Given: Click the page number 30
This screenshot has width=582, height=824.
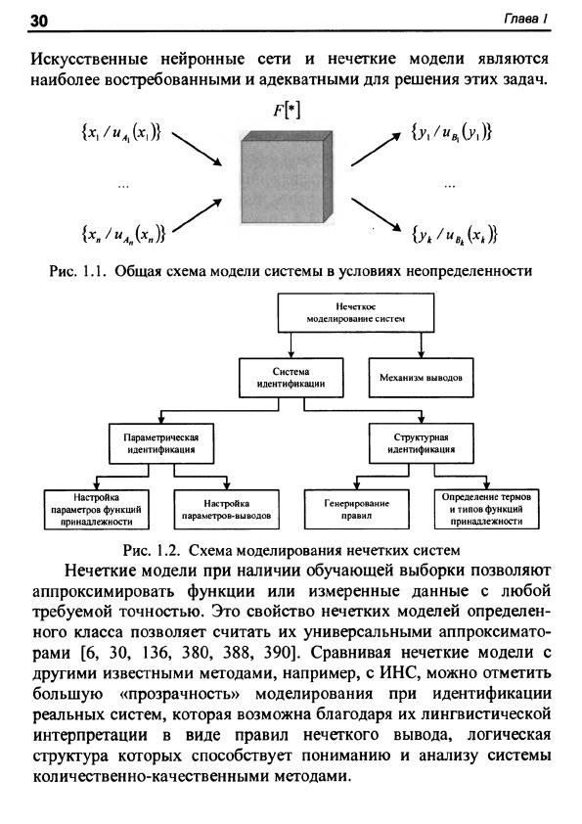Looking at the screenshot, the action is (x=39, y=20).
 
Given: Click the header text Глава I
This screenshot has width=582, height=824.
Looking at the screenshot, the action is (x=526, y=19).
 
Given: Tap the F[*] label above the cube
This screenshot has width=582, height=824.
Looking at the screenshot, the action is (x=287, y=111).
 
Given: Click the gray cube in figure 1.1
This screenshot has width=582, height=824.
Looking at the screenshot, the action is (x=287, y=178).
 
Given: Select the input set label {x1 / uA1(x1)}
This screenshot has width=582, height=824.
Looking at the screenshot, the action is (x=121, y=132).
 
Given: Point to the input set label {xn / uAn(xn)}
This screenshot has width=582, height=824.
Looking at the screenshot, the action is (x=123, y=233).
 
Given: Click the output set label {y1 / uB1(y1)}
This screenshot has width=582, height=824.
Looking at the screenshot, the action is (x=451, y=132).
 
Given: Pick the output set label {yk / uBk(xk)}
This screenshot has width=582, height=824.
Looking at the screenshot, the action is (x=454, y=234).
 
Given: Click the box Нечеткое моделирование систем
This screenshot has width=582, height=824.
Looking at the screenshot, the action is (x=356, y=313).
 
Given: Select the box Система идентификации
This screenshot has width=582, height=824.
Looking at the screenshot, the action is (x=291, y=378).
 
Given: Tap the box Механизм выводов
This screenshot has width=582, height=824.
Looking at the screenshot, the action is (x=421, y=378).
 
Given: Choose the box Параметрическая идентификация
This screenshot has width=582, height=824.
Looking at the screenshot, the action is (x=161, y=443).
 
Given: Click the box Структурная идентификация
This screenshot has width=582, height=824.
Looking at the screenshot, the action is (x=421, y=443).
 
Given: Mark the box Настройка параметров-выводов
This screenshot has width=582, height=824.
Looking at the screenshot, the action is (x=226, y=509).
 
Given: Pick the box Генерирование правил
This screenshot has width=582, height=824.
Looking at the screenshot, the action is (x=357, y=509).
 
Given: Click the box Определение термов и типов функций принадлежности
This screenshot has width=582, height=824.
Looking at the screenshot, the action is (x=487, y=509).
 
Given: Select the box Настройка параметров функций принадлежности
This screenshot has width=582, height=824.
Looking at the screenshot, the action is (x=97, y=509).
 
